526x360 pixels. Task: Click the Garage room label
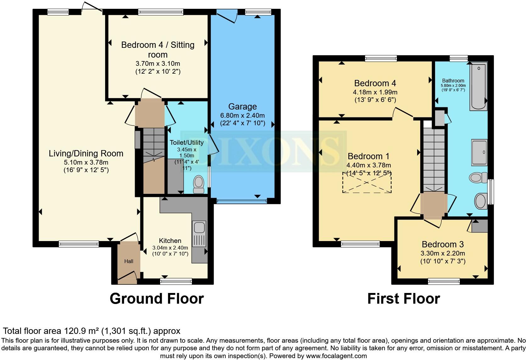242,107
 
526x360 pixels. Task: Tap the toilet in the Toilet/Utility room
199,184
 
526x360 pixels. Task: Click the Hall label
129,261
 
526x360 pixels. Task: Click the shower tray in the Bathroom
479,152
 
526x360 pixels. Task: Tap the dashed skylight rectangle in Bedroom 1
367,183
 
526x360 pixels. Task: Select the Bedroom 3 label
443,244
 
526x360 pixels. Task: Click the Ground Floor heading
157,298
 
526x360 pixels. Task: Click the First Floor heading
404,298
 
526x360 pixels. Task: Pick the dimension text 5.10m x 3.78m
86,162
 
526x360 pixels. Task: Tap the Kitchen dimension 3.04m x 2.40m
170,248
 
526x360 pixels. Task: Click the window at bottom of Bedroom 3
444,281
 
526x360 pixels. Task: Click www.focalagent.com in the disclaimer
336,356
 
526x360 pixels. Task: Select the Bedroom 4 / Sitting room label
158,49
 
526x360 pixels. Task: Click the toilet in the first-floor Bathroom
477,177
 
